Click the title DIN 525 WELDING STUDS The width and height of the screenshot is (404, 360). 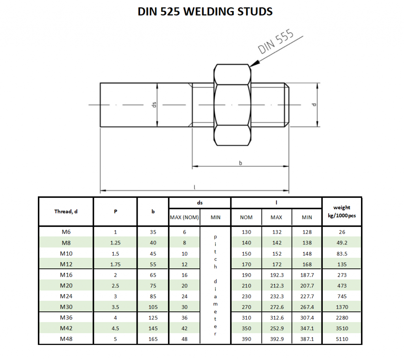coord(205,11)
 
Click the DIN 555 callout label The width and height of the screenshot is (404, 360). coord(276,42)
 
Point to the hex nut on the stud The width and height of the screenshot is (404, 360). coord(232,105)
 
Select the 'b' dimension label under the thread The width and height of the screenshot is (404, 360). coord(240,163)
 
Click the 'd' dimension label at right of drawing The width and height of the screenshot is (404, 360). coord(314,105)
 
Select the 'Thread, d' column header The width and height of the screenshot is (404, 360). coord(66,212)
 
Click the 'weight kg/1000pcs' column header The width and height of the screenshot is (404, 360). coord(342,211)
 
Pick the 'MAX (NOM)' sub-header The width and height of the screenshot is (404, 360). coord(184,217)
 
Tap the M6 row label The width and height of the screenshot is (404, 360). coord(66,232)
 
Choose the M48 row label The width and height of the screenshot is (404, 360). coord(66,339)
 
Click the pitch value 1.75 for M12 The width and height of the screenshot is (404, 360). coord(115,264)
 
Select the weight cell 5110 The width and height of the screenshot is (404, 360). coord(342,339)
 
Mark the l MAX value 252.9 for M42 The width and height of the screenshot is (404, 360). coord(276,328)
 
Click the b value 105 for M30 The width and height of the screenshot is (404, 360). coord(153,307)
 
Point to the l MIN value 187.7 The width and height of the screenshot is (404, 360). coord(307,275)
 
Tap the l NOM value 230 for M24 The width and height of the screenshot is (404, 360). coord(246,296)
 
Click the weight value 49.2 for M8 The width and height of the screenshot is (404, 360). coord(342,243)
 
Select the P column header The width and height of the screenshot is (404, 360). coord(115,212)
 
